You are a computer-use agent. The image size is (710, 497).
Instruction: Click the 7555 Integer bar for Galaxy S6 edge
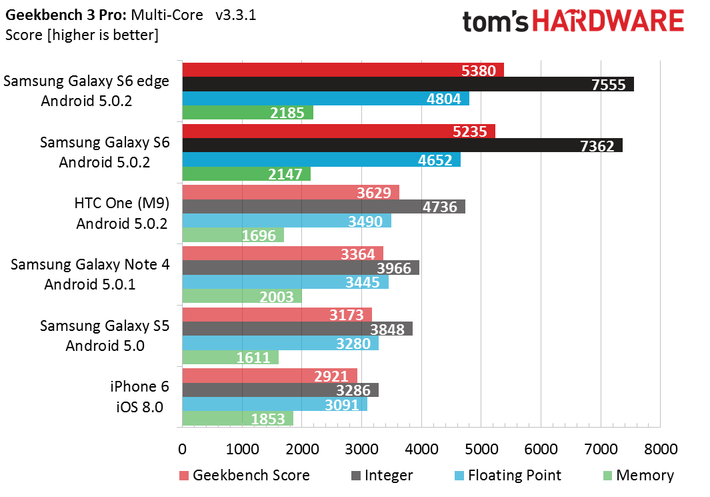point(407,84)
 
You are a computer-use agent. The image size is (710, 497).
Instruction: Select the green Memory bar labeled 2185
point(247,113)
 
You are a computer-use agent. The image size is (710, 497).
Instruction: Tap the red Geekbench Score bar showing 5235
point(339,131)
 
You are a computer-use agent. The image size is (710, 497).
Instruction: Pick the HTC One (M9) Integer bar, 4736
point(323,207)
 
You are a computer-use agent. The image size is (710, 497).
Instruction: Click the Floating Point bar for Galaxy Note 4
point(285,282)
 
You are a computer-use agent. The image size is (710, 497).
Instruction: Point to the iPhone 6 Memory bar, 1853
point(237,418)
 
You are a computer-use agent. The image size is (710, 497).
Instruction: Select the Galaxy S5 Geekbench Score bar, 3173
point(277,314)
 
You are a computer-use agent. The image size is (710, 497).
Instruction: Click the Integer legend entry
point(382,476)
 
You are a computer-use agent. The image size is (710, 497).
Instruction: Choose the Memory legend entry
point(638,476)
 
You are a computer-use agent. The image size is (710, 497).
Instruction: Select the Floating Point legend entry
point(507,476)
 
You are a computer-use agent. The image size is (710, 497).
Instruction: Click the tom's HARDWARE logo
point(573,21)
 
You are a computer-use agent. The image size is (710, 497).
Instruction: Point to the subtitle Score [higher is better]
point(81,35)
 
